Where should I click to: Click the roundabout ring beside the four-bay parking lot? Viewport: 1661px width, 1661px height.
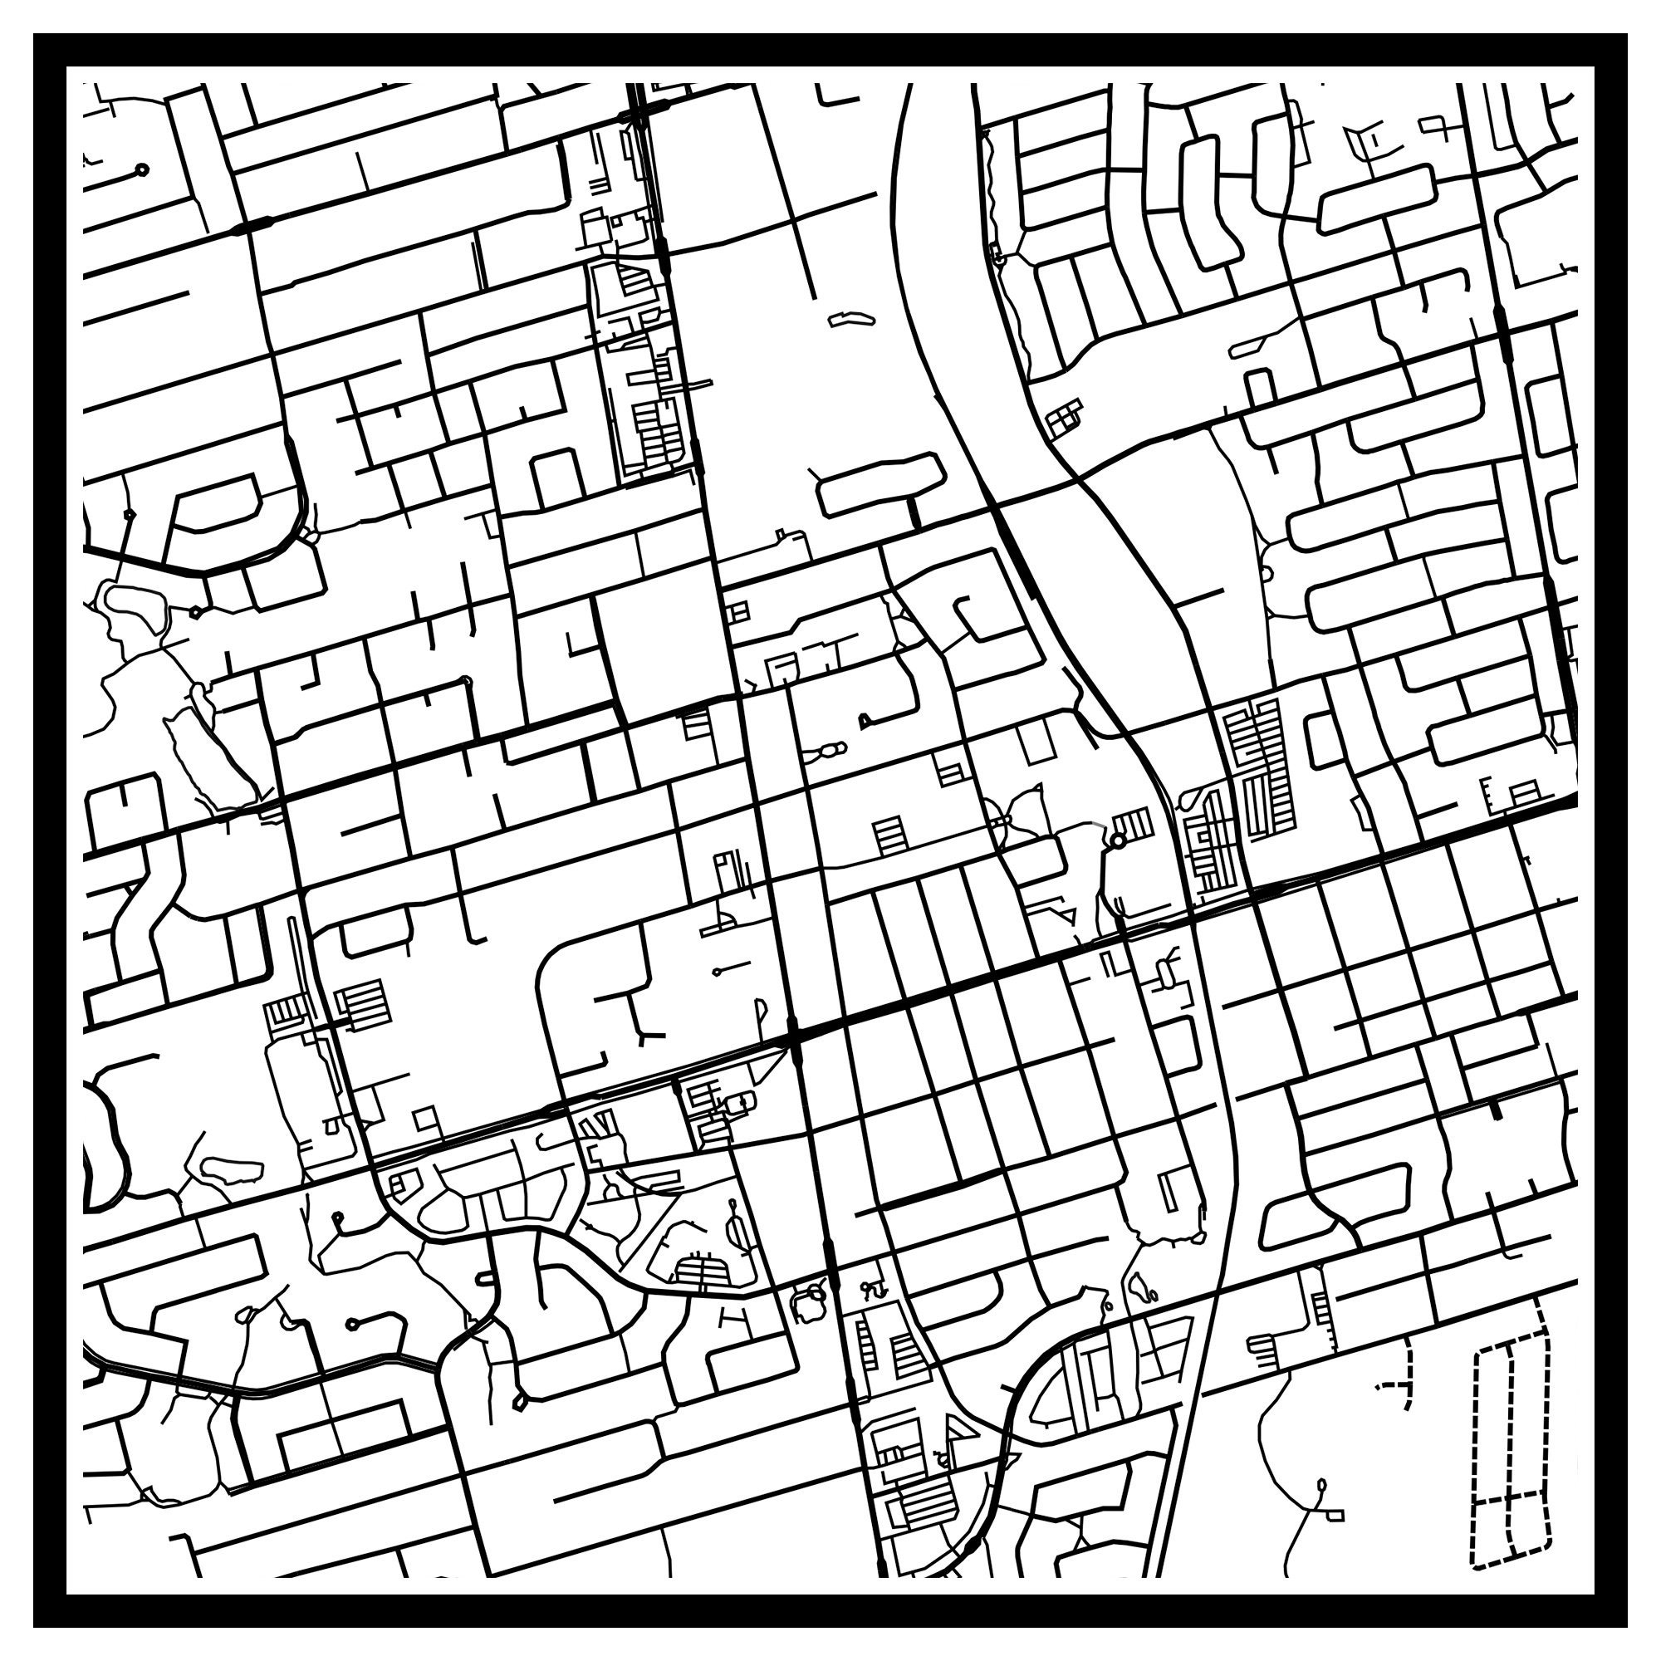point(1118,840)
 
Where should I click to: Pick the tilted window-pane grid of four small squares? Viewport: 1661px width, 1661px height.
point(1066,418)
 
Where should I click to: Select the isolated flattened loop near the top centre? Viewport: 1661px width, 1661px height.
point(851,319)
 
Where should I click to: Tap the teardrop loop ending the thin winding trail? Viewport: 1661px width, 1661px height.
point(1320,1486)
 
